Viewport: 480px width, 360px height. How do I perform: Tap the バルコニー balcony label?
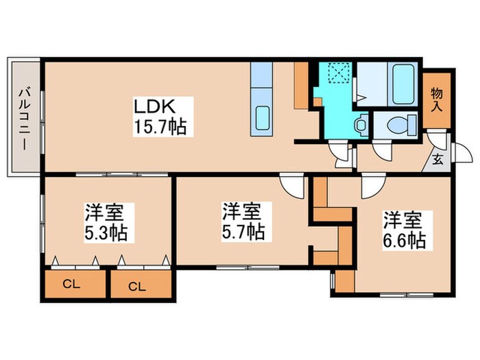click(24, 117)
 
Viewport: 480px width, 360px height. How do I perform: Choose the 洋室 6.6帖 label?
click(404, 230)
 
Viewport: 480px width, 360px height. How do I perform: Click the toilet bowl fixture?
click(398, 125)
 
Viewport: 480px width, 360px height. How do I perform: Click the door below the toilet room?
click(382, 152)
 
